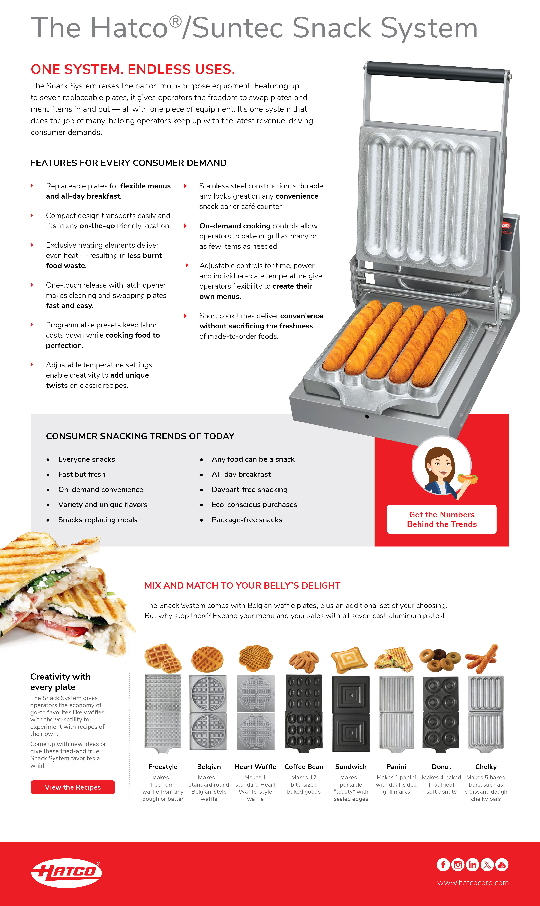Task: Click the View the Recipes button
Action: (73, 787)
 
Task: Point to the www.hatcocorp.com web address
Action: (473, 883)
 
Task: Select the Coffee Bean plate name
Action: (304, 767)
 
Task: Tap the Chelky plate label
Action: (486, 767)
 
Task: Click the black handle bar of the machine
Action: (437, 72)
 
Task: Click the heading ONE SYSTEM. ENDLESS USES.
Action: (133, 69)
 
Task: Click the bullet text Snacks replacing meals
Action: (98, 520)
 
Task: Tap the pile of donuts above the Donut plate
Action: (440, 659)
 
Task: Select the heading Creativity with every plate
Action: (60, 682)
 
